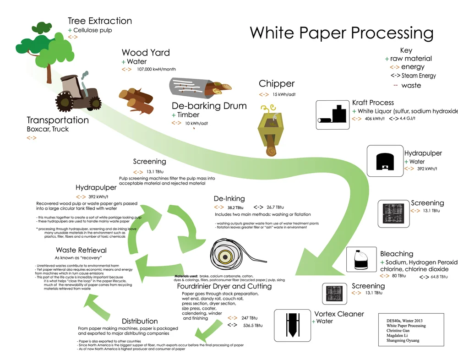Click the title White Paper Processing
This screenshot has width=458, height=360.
pos(341,33)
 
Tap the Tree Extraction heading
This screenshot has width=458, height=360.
pos(99,21)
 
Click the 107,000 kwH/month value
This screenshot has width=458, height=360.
pos(156,70)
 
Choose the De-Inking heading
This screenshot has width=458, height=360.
pos(229,199)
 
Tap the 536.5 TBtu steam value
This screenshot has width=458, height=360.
pos(252,325)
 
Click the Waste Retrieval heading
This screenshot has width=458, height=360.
pos(81,250)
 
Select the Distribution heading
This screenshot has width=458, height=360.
pos(140,321)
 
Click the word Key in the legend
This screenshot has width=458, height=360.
pos(406,50)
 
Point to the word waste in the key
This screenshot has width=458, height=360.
pos(411,86)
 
